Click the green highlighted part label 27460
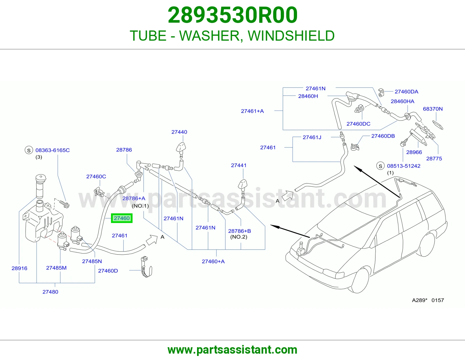121,218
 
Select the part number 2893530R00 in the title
233,15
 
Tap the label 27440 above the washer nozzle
179,132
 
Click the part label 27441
239,165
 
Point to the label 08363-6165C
52,150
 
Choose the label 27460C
96,177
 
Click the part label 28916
19,268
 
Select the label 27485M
56,268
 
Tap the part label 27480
50,292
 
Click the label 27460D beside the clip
108,271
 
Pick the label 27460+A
213,262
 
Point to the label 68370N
433,109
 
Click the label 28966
414,152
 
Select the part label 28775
434,159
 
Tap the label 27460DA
406,92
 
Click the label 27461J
312,137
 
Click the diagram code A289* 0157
428,300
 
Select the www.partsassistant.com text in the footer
233,350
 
